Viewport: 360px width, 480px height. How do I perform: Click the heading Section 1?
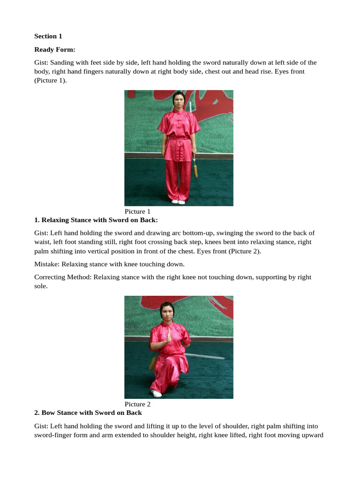click(x=48, y=36)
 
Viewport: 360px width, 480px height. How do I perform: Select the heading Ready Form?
click(x=55, y=49)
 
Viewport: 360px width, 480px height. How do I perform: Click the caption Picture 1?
click(x=137, y=211)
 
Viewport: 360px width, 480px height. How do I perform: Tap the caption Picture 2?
click(x=137, y=404)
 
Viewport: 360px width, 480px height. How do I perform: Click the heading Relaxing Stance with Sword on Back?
click(x=96, y=220)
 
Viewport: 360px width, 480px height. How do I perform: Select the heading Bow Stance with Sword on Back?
click(x=88, y=413)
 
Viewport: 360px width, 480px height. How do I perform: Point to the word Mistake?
click(x=47, y=264)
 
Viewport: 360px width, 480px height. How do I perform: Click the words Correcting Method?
click(x=63, y=277)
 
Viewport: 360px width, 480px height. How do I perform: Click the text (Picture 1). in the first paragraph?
click(x=51, y=80)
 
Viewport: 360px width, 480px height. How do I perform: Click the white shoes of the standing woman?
click(x=178, y=202)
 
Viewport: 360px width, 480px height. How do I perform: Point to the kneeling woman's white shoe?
click(x=157, y=394)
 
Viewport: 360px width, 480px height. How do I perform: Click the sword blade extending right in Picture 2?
click(x=206, y=357)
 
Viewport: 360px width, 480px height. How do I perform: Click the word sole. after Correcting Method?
click(x=41, y=285)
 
